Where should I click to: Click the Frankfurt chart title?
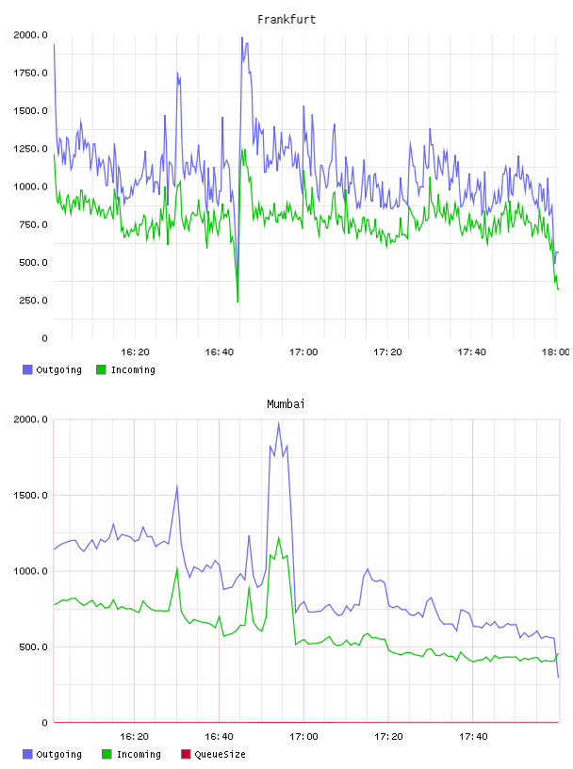tap(286, 20)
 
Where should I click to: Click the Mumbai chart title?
tap(286, 404)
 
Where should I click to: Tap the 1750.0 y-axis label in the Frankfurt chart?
tap(30, 74)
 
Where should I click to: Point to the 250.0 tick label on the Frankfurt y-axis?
tap(33, 300)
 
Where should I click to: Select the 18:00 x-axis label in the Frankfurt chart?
tap(556, 352)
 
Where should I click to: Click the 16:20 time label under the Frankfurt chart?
tap(135, 352)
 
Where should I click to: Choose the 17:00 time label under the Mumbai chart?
tap(303, 737)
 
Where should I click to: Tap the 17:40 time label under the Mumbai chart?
tap(473, 737)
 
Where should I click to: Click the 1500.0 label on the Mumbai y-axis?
tap(30, 496)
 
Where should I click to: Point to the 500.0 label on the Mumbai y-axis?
tap(33, 646)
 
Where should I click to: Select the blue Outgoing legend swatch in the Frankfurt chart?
tap(27, 369)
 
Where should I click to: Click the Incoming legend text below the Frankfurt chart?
tap(133, 370)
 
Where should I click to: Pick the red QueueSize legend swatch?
tap(186, 754)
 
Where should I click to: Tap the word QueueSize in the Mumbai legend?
tap(220, 754)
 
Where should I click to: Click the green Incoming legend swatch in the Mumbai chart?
tap(106, 754)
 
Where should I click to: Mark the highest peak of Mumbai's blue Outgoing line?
tap(279, 423)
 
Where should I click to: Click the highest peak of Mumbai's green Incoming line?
tap(279, 537)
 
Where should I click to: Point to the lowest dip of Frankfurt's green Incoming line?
tap(237, 302)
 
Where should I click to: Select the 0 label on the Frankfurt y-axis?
tap(44, 338)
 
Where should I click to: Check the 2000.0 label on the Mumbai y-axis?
tap(30, 419)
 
